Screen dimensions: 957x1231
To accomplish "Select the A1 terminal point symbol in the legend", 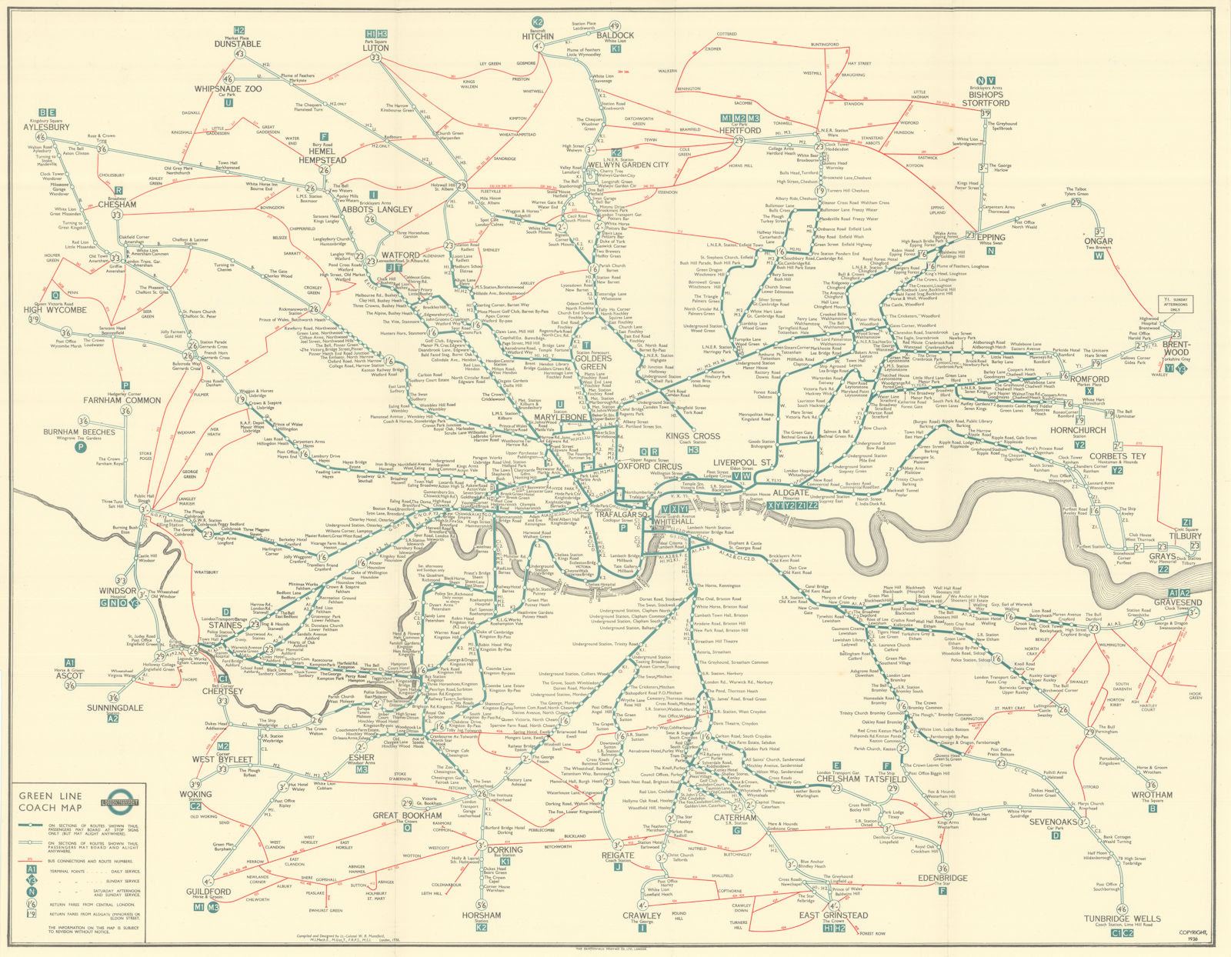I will click(x=32, y=867).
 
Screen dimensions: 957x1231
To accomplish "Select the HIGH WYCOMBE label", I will click(x=55, y=310).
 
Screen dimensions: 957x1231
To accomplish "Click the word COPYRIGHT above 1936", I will click(x=1193, y=932).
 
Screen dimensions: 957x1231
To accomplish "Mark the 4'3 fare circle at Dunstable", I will click(x=239, y=55).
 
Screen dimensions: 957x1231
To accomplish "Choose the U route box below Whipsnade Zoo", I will click(x=229, y=102).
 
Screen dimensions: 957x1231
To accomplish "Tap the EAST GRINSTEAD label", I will click(x=833, y=915).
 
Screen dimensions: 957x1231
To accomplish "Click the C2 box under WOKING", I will click(x=195, y=806).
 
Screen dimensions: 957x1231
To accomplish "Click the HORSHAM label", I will click(x=482, y=915).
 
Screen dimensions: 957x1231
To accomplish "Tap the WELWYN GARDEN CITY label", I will click(x=628, y=164).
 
